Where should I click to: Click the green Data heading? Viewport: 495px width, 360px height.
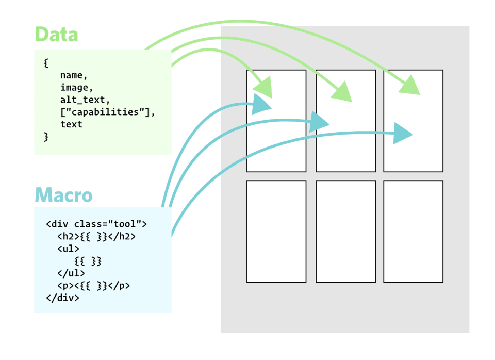coord(56,35)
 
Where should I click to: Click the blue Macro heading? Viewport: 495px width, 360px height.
coord(63,196)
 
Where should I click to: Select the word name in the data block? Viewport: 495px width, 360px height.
coord(70,75)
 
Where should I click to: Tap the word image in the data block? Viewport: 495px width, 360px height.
coord(73,88)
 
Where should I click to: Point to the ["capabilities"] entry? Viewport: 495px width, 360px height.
coord(107,112)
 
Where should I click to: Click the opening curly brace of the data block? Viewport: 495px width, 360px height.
coord(46,63)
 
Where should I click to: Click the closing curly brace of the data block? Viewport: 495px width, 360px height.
coord(46,137)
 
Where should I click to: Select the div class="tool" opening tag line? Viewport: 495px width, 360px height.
coord(96,224)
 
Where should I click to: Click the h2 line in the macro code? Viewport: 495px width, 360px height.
coord(96,236)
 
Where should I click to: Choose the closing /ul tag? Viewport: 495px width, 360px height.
coord(71,273)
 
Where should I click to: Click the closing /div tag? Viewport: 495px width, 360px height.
coord(62,298)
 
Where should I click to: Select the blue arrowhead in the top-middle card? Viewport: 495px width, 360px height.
coord(320,122)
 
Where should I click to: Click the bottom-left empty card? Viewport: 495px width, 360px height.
coord(276,232)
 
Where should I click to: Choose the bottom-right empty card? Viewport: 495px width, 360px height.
coord(413,232)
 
